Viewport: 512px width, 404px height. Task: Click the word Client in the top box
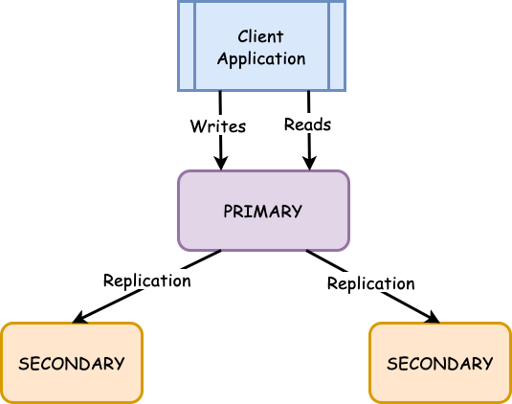[x=260, y=36]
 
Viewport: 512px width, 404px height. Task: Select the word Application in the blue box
[x=261, y=59]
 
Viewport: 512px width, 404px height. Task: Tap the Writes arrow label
[x=218, y=126]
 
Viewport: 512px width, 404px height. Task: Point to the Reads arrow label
[x=307, y=124]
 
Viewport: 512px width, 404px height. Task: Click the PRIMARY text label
[x=263, y=212]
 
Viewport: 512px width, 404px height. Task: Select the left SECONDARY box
[x=72, y=363]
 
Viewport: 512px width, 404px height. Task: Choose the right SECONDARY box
[x=440, y=363]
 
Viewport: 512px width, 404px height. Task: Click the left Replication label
[x=147, y=281]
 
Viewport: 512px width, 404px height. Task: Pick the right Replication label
[x=371, y=283]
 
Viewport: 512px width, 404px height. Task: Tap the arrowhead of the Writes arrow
[x=221, y=164]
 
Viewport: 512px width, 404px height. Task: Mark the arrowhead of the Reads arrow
[x=309, y=164]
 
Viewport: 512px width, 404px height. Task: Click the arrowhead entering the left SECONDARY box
[x=79, y=317]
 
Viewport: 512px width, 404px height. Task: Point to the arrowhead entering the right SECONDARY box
[x=433, y=317]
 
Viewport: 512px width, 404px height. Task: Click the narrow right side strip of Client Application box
[x=336, y=46]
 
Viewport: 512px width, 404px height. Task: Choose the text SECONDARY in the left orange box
[x=72, y=364]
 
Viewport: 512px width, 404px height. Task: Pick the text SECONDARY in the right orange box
[x=440, y=364]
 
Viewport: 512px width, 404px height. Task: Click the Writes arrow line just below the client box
[x=220, y=103]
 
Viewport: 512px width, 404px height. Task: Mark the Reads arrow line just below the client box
[x=308, y=103]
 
